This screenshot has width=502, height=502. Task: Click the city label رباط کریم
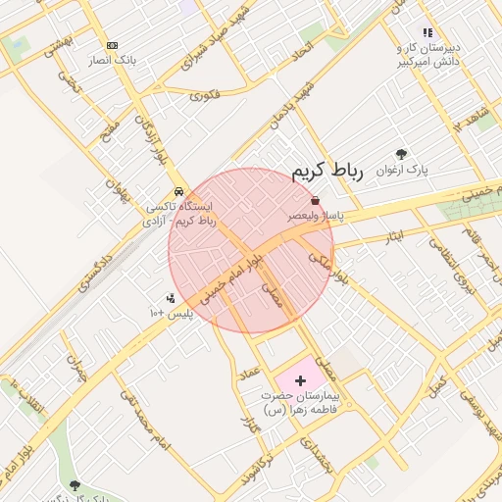coord(327,173)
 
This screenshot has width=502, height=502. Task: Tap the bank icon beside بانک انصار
coord(112,45)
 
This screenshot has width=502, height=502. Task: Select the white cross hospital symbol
coord(300,378)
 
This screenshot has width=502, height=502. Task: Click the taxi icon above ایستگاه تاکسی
coord(177,191)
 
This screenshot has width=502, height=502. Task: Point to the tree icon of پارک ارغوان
coord(402,154)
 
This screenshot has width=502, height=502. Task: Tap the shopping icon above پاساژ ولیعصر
coord(314,200)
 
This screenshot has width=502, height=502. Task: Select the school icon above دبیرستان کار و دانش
coord(427,32)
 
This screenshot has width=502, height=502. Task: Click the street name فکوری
coord(205,95)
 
